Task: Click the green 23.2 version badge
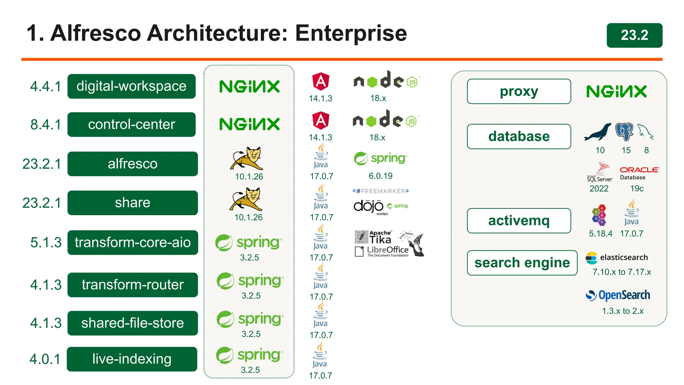click(x=634, y=35)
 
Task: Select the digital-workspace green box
click(x=131, y=86)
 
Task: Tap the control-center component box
click(x=131, y=124)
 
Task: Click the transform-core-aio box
click(x=133, y=242)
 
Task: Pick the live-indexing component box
click(x=132, y=359)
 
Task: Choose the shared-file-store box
click(x=133, y=323)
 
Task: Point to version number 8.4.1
click(x=46, y=124)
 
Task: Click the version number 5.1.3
click(x=46, y=242)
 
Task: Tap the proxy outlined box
click(x=519, y=91)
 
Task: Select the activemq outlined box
click(x=519, y=221)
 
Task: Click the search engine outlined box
click(x=522, y=263)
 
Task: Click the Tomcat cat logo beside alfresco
click(x=247, y=158)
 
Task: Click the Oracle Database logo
click(x=639, y=172)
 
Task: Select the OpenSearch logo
click(x=618, y=295)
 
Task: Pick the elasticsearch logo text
click(x=624, y=257)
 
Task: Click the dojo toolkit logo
click(x=369, y=207)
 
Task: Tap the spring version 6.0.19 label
click(x=380, y=176)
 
